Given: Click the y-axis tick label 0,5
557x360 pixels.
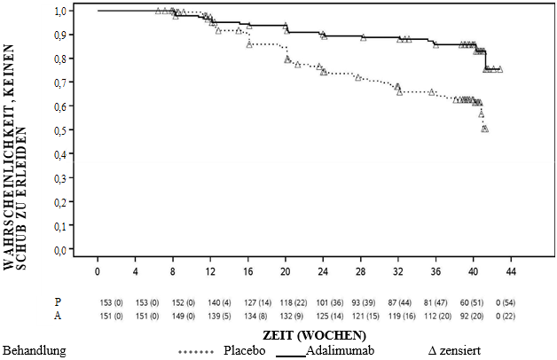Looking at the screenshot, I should coord(59,130).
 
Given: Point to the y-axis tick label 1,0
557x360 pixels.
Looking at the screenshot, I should coord(59,11).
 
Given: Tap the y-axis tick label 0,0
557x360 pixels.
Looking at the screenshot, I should coord(59,250).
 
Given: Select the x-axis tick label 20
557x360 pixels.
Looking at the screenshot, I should coord(286,271).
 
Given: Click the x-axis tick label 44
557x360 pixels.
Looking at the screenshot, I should coord(511,271).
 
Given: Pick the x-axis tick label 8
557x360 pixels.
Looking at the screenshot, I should coord(173,271).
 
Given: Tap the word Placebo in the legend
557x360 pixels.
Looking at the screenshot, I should coord(248,350).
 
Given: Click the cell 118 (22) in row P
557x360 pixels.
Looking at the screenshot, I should coord(286,300).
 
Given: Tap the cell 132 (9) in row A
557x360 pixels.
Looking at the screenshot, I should coord(286,313).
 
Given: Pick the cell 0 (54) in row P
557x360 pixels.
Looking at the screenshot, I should coord(511,300).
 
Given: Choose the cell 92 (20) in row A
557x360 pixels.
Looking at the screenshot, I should coord(474,313).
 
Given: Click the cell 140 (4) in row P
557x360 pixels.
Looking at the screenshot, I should coord(210,300).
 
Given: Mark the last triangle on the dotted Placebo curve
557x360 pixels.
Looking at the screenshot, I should coord(485,129).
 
